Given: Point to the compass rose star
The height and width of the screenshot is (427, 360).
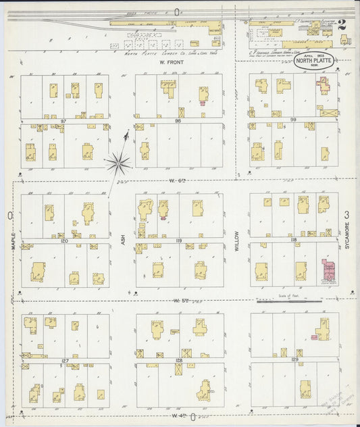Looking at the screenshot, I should (x=119, y=161).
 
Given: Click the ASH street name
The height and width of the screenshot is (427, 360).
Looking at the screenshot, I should (x=123, y=238).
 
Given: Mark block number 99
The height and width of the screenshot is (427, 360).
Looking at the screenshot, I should (x=292, y=120).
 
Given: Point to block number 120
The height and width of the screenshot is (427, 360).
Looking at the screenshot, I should (x=64, y=241).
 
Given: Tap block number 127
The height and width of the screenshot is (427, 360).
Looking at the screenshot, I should (x=65, y=361).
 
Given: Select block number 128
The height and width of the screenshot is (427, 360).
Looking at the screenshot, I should (x=180, y=361).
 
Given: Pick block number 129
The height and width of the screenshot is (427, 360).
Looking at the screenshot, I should (x=294, y=360).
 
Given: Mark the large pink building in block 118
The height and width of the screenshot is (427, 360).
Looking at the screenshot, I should (x=329, y=270).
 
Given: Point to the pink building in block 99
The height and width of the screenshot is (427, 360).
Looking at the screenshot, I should (x=324, y=86).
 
